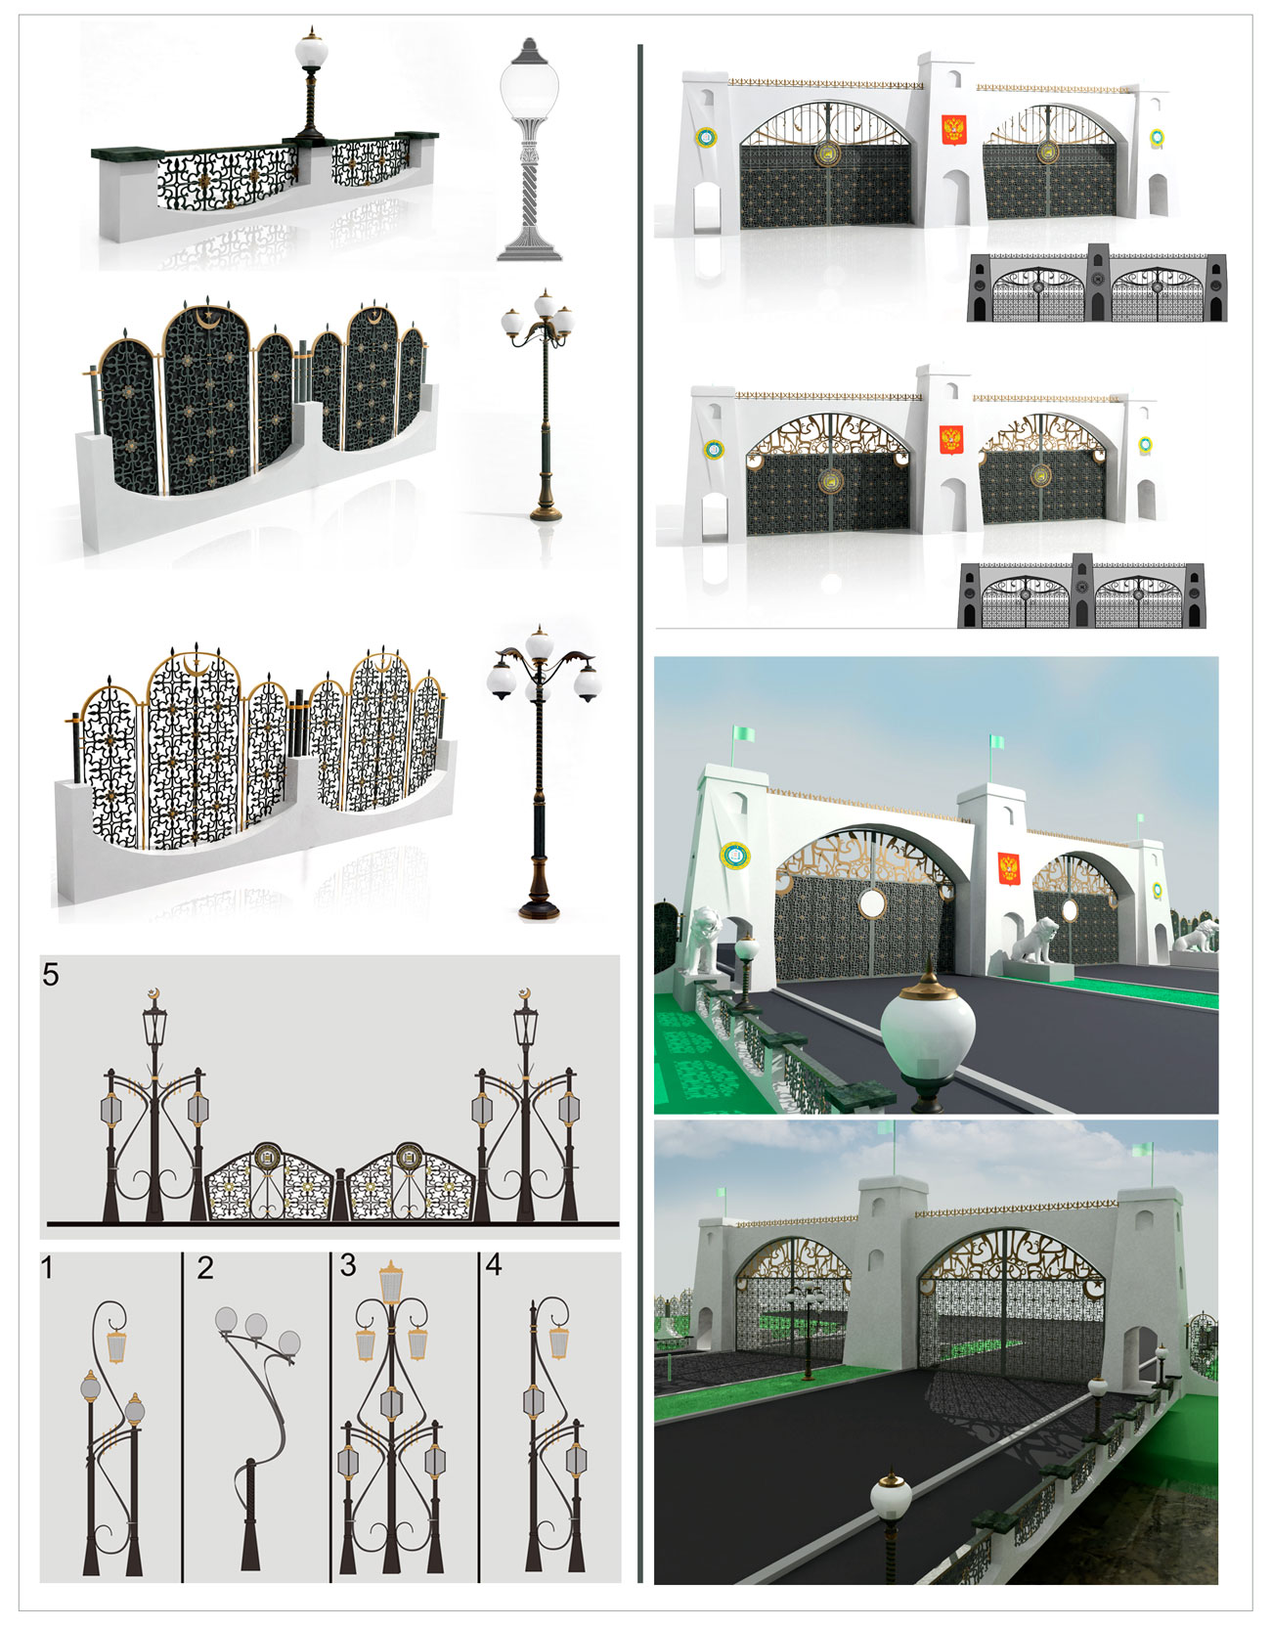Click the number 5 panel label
click(x=51, y=974)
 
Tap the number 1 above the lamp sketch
click(x=47, y=1268)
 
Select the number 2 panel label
click(x=204, y=1268)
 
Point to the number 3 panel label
click(x=348, y=1265)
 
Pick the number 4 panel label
click(x=494, y=1265)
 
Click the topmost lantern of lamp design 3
click(x=391, y=1282)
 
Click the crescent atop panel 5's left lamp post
click(x=153, y=994)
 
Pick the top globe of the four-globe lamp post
click(x=539, y=646)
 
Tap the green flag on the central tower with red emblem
click(x=996, y=742)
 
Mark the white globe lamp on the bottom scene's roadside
click(x=891, y=1495)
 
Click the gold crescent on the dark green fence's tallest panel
click(x=207, y=318)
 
